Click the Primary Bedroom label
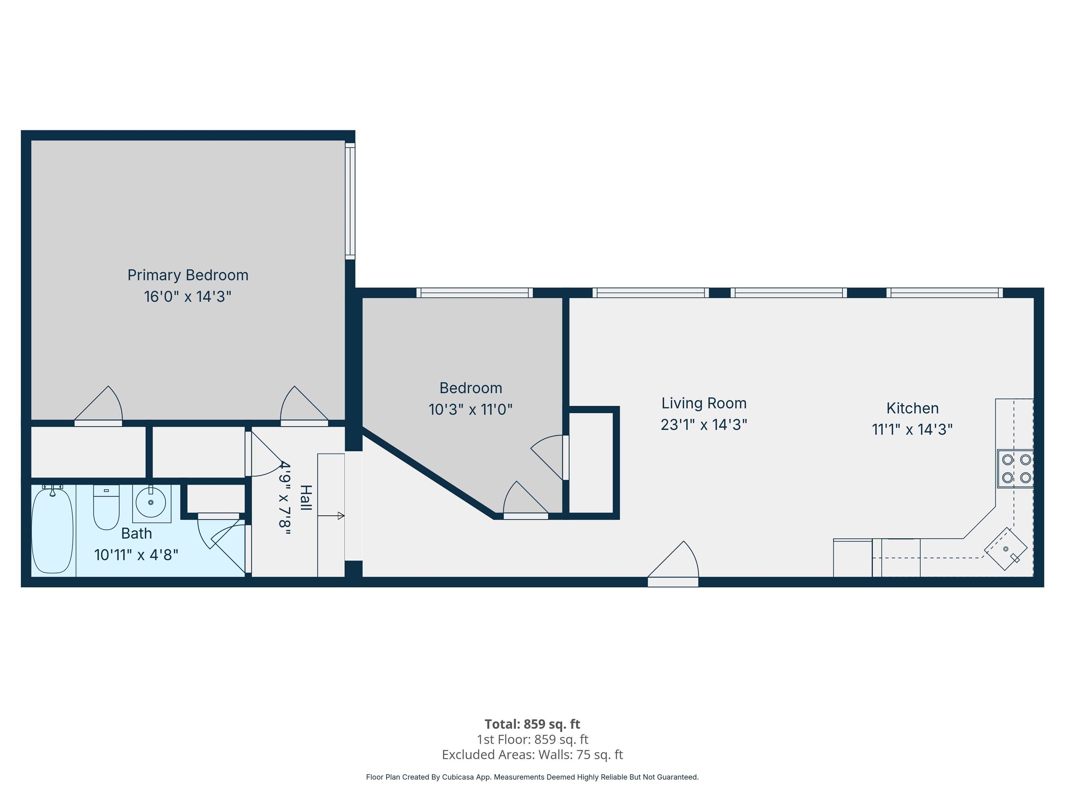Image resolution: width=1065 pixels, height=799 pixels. [x=188, y=275]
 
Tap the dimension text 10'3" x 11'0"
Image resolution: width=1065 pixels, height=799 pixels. [x=470, y=409]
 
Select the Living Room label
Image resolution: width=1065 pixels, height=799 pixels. [x=703, y=403]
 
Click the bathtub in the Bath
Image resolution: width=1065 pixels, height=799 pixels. [x=52, y=530]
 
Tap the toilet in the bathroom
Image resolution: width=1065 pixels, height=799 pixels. [x=106, y=507]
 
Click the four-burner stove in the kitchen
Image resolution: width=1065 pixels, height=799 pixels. [x=1016, y=468]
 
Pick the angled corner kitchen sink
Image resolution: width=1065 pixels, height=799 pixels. [x=1005, y=549]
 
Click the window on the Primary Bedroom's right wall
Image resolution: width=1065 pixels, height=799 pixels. [x=350, y=201]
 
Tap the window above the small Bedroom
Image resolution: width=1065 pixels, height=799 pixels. [x=474, y=293]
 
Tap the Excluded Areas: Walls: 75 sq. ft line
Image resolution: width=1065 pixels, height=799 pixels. [x=532, y=755]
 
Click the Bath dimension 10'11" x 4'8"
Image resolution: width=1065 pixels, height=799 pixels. [x=136, y=555]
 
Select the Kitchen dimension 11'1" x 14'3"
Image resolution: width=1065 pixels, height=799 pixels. [x=912, y=429]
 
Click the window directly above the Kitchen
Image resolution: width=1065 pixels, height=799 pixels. [x=945, y=293]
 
